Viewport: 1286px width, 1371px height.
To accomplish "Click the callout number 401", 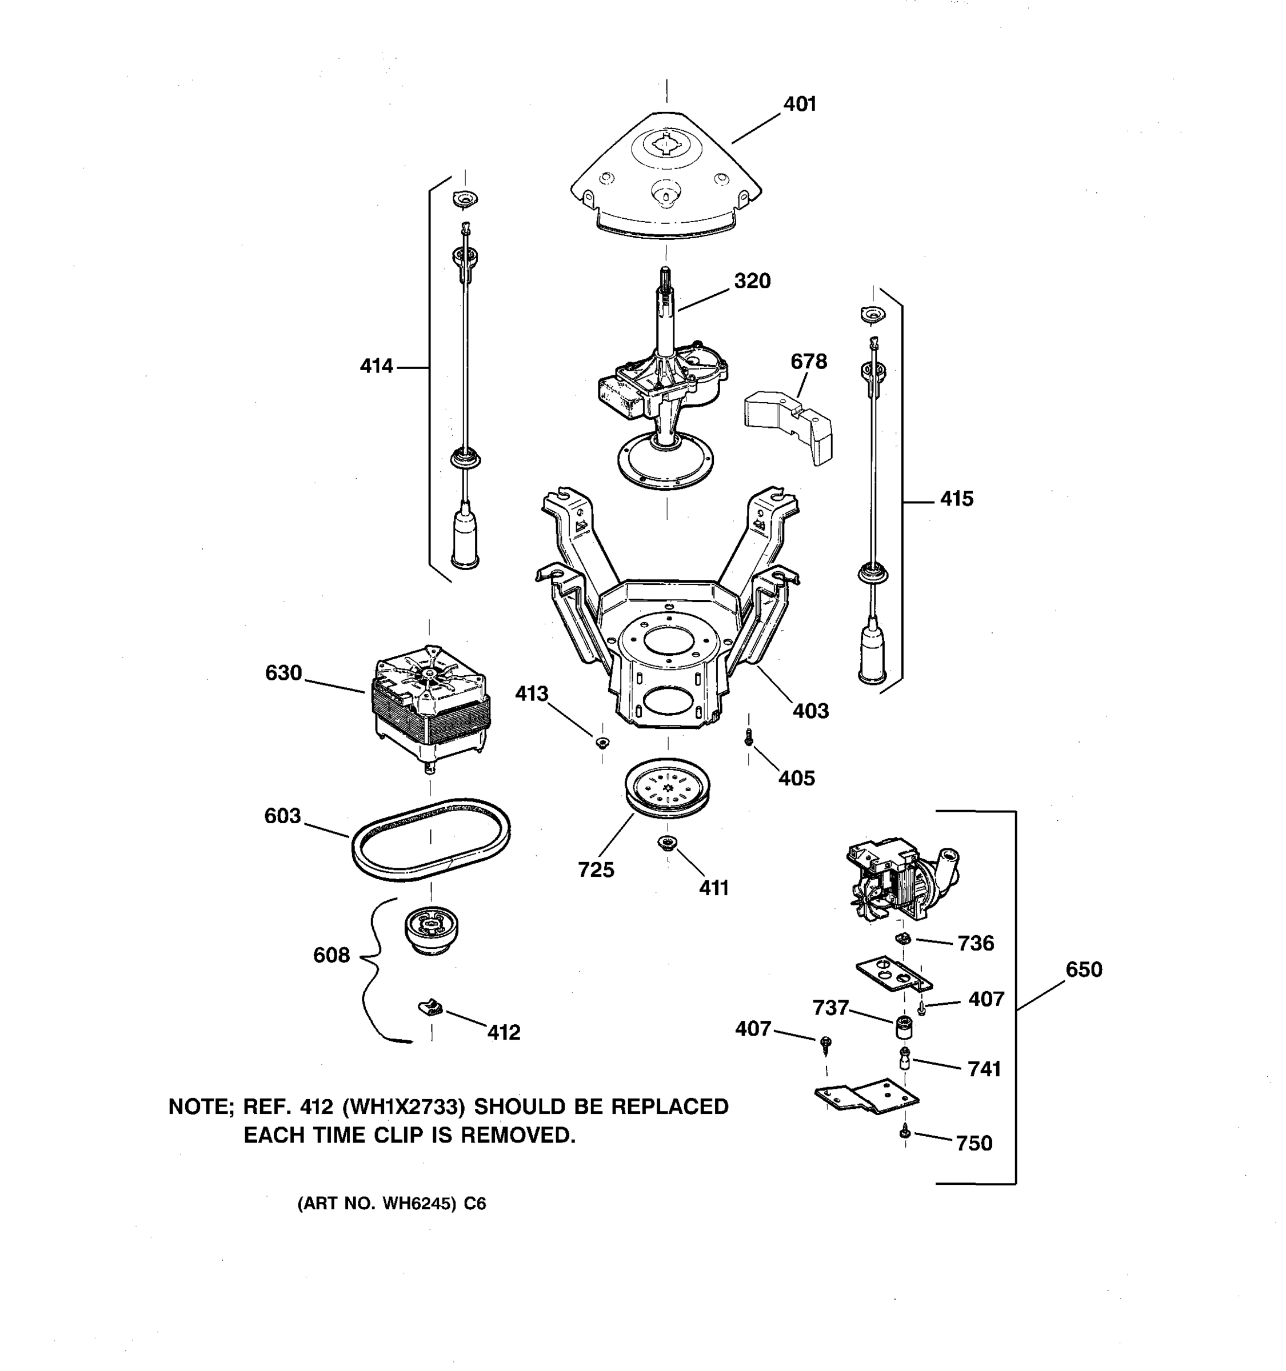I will coord(799,104).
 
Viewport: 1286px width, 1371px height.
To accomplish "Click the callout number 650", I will coord(1083,969).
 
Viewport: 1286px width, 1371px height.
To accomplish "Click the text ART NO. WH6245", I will coord(377,1204).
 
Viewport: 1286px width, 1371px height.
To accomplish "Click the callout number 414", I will coord(376,366).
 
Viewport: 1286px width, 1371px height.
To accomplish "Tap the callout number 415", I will coord(956,499).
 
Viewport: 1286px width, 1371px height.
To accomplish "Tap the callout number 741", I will coord(984,1069).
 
